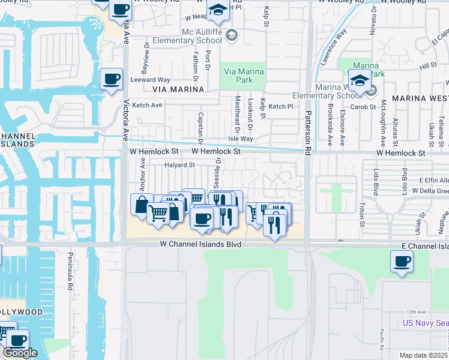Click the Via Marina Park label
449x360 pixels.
click(244, 76)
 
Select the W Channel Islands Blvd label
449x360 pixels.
click(200, 245)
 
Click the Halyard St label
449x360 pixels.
click(180, 164)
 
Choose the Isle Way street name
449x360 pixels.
click(241, 139)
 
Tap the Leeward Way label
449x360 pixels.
click(151, 80)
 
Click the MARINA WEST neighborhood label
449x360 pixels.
click(420, 97)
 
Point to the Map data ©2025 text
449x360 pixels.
click(423, 355)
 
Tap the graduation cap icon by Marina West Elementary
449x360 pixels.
click(359, 80)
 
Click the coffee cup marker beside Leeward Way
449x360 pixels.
click(112, 79)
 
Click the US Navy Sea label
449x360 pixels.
click(426, 323)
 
